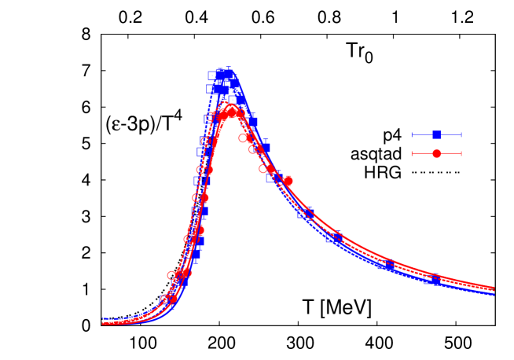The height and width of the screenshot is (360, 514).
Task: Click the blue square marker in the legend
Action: tap(436, 134)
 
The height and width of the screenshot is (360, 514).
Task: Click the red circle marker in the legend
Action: tap(436, 153)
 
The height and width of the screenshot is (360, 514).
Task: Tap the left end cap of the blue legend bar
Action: tap(413, 134)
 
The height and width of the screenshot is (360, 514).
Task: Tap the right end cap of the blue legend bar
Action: tap(461, 134)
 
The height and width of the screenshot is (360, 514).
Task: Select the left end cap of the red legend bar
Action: tap(413, 153)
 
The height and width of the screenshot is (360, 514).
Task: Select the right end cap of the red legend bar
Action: tap(461, 153)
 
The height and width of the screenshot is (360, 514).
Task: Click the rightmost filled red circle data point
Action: tap(288, 181)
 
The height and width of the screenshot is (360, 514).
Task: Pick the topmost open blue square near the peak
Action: tap(212, 75)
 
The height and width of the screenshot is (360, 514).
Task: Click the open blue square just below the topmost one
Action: tap(211, 89)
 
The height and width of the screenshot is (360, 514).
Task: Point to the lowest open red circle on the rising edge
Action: tap(165, 299)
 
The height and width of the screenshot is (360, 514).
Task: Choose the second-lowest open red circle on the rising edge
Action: tap(172, 275)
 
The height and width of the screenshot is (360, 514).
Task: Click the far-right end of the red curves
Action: tap(494, 288)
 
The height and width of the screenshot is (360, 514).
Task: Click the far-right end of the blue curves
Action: tap(494, 294)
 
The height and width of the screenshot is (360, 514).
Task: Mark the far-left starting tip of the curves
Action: tap(103, 321)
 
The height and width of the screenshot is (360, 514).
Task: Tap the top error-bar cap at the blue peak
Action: tap(227, 68)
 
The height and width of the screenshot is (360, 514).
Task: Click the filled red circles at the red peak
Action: tap(232, 112)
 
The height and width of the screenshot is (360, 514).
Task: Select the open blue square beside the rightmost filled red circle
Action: tap(272, 178)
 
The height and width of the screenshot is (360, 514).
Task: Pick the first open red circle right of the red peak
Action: tap(244, 138)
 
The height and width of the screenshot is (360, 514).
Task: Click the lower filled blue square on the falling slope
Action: tap(264, 147)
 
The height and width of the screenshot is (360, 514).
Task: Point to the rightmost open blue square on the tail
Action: tap(332, 238)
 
